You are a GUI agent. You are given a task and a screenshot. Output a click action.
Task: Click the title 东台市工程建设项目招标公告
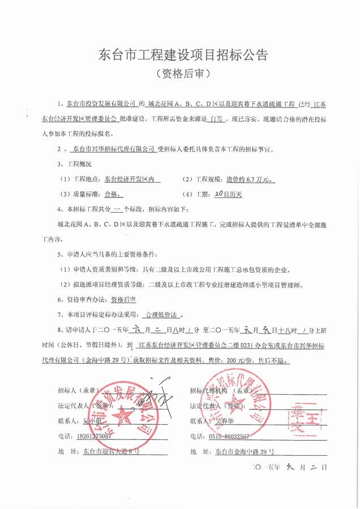point(179,55)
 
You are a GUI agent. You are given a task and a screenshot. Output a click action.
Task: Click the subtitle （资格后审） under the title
point(179,74)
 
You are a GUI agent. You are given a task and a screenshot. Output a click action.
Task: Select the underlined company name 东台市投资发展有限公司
point(102,105)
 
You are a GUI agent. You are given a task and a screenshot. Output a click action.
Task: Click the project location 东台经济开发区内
point(132,180)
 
